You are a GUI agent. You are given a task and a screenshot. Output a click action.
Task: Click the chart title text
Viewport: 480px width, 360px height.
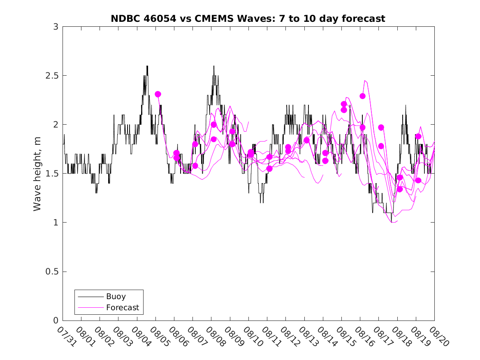click(248, 19)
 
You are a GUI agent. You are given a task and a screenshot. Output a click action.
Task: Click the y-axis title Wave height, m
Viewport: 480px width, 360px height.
click(37, 174)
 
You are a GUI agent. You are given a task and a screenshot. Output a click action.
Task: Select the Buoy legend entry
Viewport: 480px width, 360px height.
click(116, 296)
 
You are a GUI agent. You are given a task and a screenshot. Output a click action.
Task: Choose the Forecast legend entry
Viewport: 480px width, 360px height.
click(122, 307)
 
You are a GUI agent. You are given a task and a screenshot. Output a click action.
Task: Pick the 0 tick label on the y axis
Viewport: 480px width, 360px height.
click(56, 321)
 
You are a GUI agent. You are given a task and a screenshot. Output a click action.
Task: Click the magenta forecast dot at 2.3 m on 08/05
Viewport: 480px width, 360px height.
click(158, 94)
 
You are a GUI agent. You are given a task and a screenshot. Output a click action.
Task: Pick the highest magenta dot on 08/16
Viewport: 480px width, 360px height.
click(362, 96)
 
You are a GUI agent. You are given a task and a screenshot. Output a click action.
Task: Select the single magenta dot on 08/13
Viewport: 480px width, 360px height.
click(306, 140)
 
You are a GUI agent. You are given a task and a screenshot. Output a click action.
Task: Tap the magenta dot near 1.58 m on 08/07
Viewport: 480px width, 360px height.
click(195, 166)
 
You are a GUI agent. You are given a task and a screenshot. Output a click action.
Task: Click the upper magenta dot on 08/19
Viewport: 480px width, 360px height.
click(418, 137)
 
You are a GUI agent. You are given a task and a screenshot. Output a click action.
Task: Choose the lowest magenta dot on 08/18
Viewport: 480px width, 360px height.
click(399, 189)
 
